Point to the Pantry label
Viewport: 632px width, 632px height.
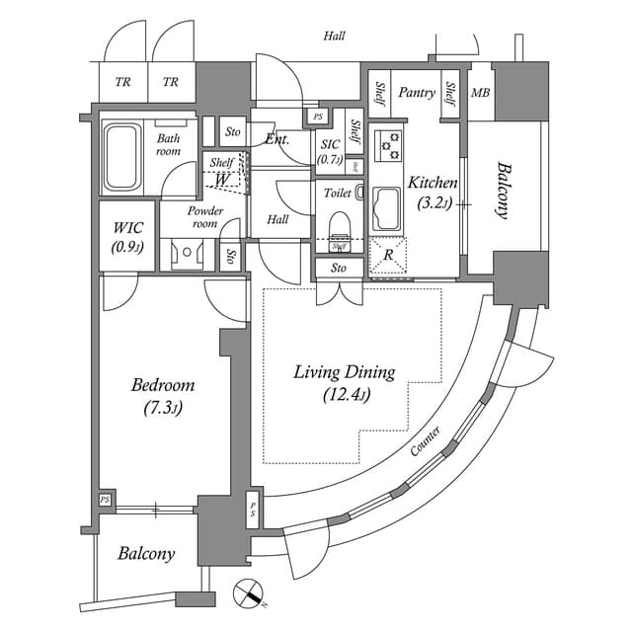[417, 93]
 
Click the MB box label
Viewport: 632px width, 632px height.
[480, 94]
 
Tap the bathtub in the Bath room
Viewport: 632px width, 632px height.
[123, 156]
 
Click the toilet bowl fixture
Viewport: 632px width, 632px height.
[340, 223]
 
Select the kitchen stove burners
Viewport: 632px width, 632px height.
[392, 144]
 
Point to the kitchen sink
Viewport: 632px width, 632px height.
[386, 208]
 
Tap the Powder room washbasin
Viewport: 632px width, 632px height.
[185, 255]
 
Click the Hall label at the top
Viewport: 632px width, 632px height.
[334, 37]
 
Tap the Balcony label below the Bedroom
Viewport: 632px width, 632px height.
[146, 554]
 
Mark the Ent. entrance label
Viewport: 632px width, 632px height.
[276, 139]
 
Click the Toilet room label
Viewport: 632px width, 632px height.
[338, 193]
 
